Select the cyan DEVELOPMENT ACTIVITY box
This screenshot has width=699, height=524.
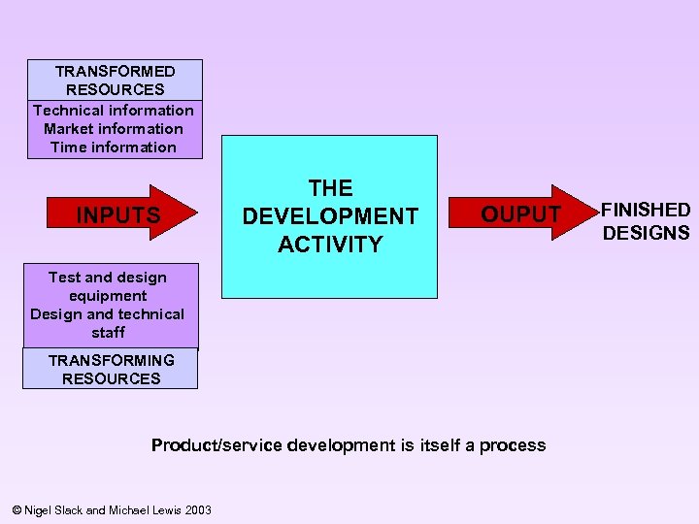click(x=330, y=215)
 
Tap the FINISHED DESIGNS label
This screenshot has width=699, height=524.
click(x=646, y=221)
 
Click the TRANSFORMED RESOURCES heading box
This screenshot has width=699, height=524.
click(x=116, y=81)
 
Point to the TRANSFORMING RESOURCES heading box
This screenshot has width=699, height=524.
click(x=111, y=370)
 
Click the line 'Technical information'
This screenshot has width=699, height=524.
click(x=114, y=110)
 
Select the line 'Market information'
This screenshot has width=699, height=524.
click(x=114, y=128)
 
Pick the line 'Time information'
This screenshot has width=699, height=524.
click(x=114, y=147)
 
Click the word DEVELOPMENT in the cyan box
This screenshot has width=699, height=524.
click(x=330, y=216)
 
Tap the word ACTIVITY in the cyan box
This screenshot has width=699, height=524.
click(x=330, y=245)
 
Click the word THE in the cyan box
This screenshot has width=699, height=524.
click(x=330, y=188)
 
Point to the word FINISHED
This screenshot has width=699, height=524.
click(x=646, y=210)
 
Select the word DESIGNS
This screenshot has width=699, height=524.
click(x=646, y=233)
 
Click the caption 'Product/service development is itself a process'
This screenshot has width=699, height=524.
click(x=349, y=445)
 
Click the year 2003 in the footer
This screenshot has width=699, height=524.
click(x=197, y=510)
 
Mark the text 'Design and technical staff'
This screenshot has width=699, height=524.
click(x=108, y=323)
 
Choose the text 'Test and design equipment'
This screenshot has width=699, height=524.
click(x=108, y=286)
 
